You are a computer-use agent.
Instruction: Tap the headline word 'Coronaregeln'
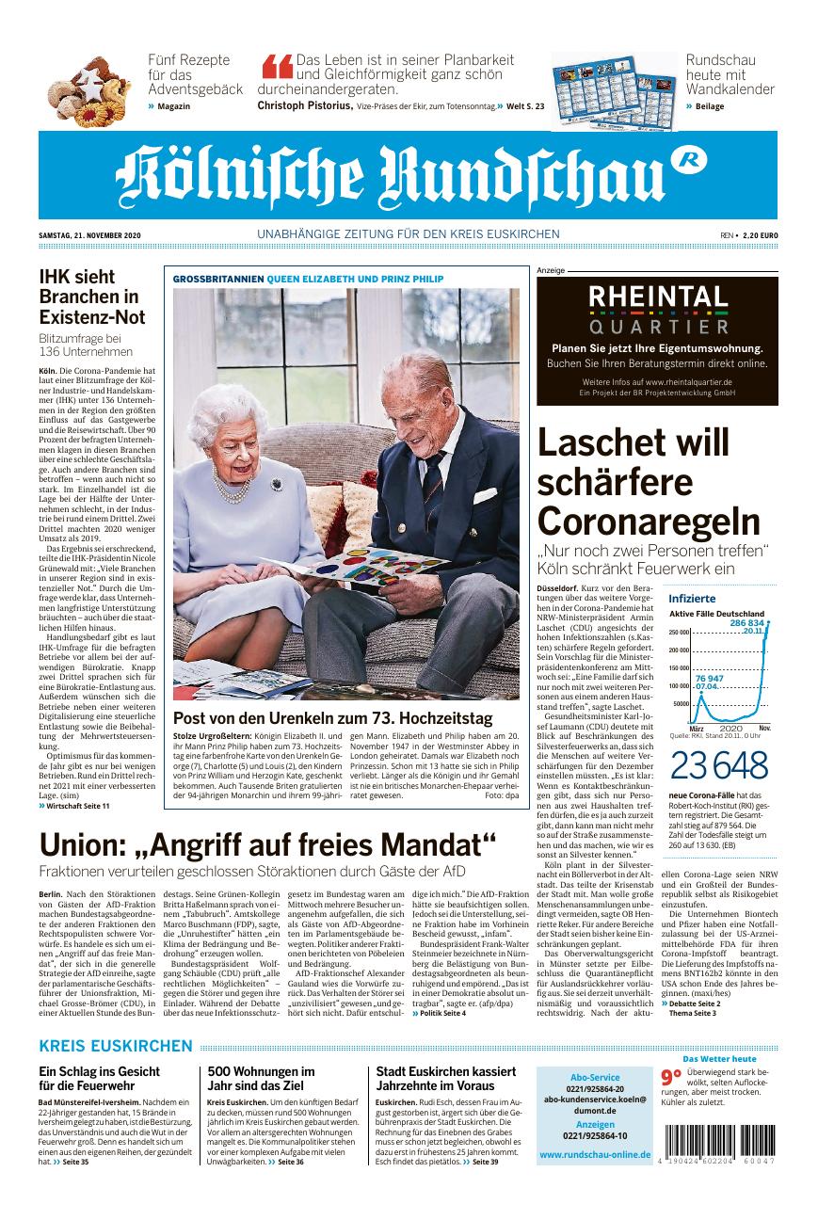point(648,520)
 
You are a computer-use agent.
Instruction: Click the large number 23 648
point(704,767)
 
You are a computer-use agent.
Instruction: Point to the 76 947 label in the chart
point(709,679)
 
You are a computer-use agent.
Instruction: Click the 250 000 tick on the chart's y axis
point(679,632)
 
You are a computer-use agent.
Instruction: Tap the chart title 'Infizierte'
point(692,599)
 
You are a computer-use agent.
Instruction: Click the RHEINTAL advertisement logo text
point(658,298)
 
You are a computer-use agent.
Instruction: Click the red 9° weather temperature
point(669,1078)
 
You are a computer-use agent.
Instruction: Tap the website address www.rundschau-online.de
point(595,1155)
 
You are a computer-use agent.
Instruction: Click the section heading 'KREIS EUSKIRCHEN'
point(116,1046)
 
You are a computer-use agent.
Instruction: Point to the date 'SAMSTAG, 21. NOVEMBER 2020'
point(88,234)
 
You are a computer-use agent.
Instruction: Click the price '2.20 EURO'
point(760,234)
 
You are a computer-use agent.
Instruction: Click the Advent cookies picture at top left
point(90,92)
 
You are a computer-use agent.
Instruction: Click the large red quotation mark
point(278,70)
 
